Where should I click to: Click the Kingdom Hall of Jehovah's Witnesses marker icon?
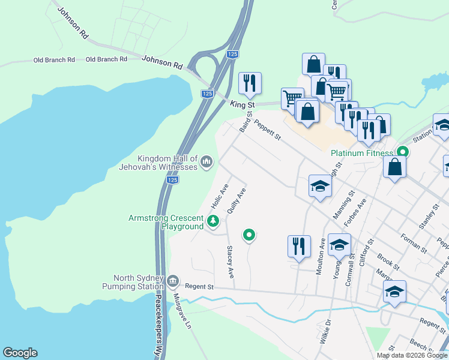pyautogui.click(x=206, y=161)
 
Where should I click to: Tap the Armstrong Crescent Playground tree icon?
pyautogui.click(x=212, y=222)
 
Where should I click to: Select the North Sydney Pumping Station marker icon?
pyautogui.click(x=173, y=280)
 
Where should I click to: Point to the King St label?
pyautogui.click(x=243, y=104)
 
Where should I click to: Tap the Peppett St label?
pyautogui.click(x=267, y=130)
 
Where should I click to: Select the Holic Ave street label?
pyautogui.click(x=220, y=196)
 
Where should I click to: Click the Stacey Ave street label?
pyautogui.click(x=230, y=262)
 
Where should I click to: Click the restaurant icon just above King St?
pyautogui.click(x=250, y=83)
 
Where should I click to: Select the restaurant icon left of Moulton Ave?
pyautogui.click(x=299, y=246)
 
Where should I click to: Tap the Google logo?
pyautogui.click(x=20, y=353)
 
